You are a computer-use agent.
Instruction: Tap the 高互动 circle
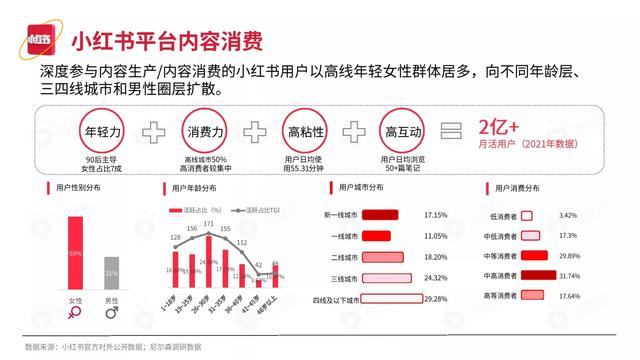pyautogui.click(x=403, y=132)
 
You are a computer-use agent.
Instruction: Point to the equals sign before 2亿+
pyautogui.click(x=452, y=132)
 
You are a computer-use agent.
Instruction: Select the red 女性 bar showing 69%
pyautogui.click(x=75, y=254)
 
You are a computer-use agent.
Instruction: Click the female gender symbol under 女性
pyautogui.click(x=75, y=313)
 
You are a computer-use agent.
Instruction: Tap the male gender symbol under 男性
pyautogui.click(x=112, y=313)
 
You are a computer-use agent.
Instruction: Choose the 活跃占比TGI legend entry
pyautogui.click(x=261, y=210)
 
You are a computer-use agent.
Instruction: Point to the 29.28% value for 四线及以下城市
pyautogui.click(x=435, y=299)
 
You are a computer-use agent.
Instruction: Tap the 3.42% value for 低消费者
pyautogui.click(x=597, y=215)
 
